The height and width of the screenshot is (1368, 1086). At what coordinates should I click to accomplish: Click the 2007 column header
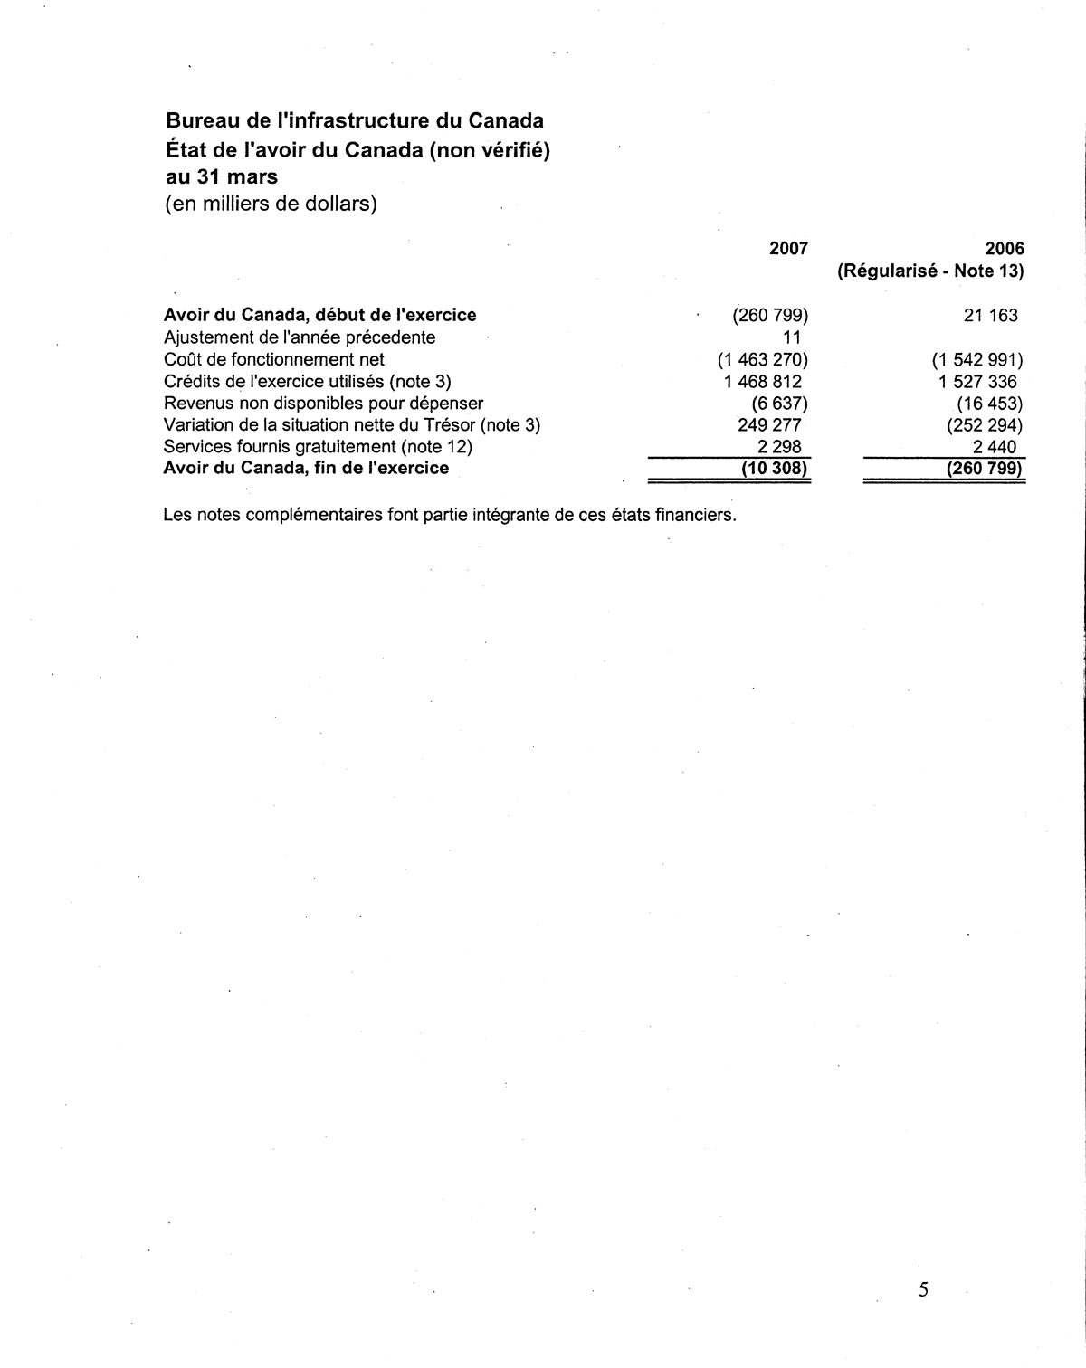click(x=788, y=248)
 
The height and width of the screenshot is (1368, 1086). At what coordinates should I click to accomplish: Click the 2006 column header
click(x=1005, y=248)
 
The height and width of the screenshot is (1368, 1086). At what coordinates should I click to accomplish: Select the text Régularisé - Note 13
click(x=930, y=271)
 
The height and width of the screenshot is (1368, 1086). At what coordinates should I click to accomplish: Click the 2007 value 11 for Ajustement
click(x=792, y=337)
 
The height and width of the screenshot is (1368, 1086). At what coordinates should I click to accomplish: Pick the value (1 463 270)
click(x=762, y=359)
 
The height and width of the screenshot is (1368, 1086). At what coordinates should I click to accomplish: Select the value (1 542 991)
click(x=977, y=359)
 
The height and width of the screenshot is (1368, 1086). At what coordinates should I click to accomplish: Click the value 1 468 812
click(x=762, y=382)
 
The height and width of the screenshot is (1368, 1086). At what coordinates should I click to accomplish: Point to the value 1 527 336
click(x=977, y=382)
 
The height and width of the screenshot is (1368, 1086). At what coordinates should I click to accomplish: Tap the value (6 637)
click(x=779, y=404)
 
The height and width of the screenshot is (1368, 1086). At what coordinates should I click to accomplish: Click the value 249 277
click(x=769, y=425)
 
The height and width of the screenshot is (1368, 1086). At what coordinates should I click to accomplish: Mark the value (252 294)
click(x=985, y=425)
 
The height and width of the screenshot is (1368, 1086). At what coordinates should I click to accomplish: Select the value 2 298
click(x=779, y=447)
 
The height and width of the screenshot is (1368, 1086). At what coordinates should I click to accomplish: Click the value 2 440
click(x=995, y=447)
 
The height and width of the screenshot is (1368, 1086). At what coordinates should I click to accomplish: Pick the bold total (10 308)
click(x=774, y=469)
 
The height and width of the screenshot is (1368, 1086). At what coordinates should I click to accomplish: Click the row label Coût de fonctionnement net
click(x=273, y=359)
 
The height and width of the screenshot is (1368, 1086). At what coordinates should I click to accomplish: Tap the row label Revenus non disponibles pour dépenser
click(x=323, y=404)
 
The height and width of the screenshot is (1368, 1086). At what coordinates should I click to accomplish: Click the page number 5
click(x=923, y=1290)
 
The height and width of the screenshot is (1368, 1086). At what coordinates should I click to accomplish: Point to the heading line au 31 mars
click(x=221, y=176)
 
